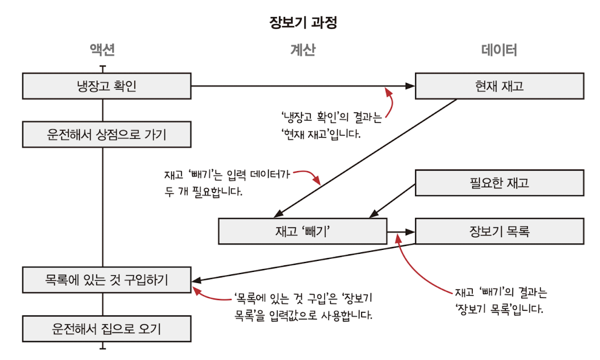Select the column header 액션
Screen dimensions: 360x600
point(102,51)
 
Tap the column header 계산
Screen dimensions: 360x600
point(303,51)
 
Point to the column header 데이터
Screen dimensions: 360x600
point(499,51)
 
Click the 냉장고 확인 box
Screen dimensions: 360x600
point(107,86)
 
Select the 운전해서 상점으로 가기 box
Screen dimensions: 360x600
point(107,134)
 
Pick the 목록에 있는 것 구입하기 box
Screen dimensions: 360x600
point(107,280)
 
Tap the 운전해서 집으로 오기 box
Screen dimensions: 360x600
point(107,329)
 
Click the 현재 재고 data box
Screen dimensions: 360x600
point(499,86)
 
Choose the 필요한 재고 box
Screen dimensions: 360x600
point(499,183)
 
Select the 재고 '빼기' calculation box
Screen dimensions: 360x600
point(302,231)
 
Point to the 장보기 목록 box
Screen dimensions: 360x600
point(499,231)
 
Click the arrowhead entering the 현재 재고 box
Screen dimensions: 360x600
point(410,86)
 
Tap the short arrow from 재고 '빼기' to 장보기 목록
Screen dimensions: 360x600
point(401,232)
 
